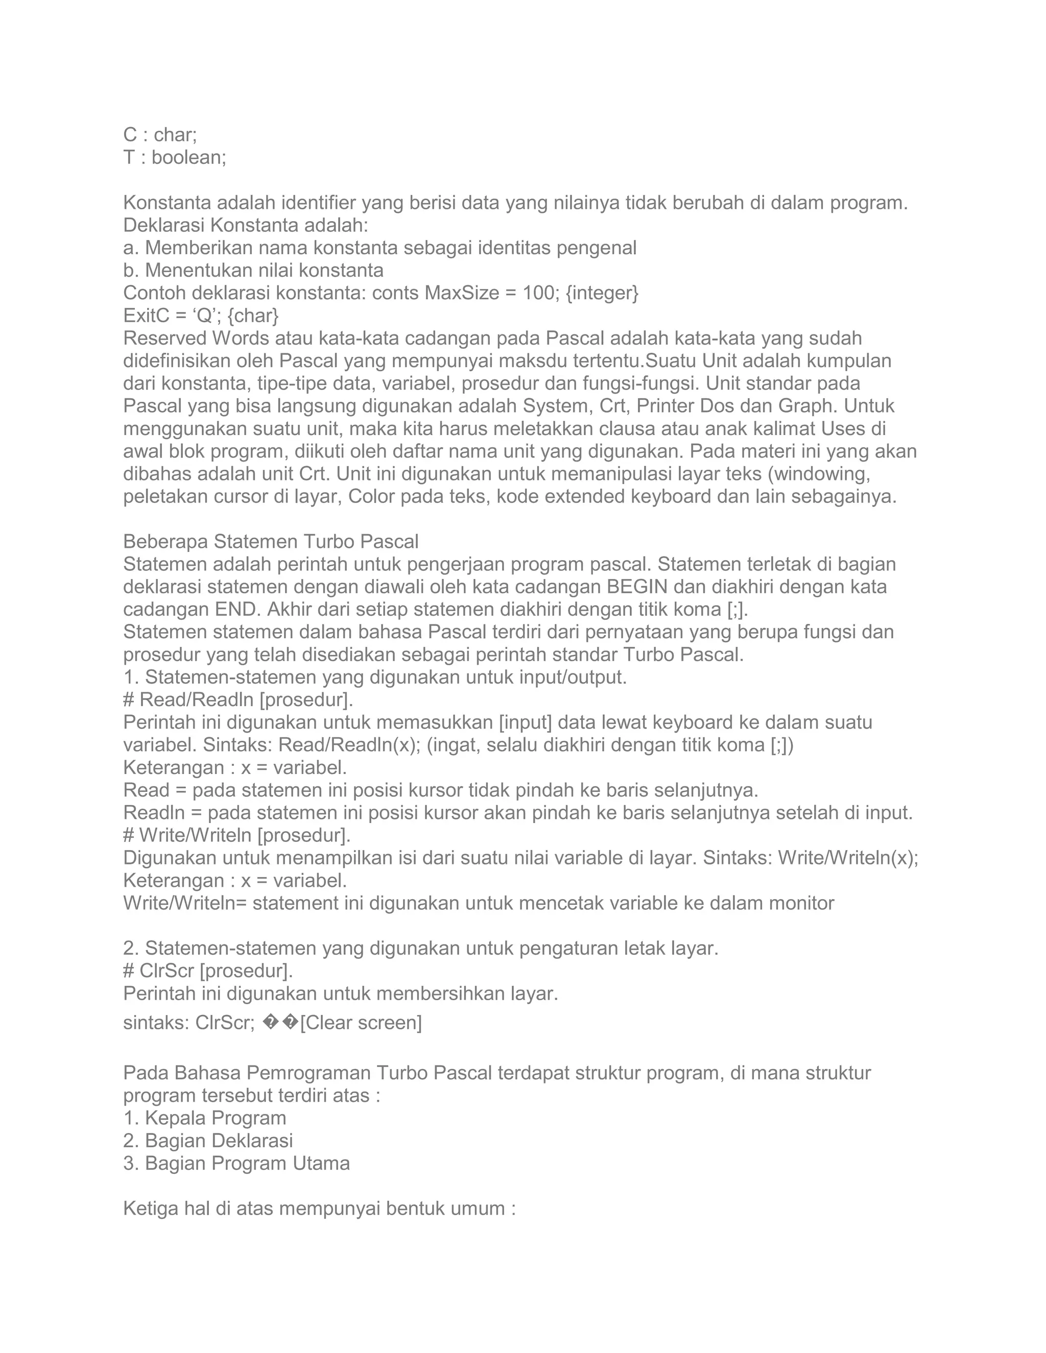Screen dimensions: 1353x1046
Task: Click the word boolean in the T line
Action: tap(189, 157)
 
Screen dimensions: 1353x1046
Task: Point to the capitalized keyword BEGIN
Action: tap(636, 587)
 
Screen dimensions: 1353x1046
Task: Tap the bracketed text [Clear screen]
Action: tap(361, 1023)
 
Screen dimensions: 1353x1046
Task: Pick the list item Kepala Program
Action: tap(215, 1118)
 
